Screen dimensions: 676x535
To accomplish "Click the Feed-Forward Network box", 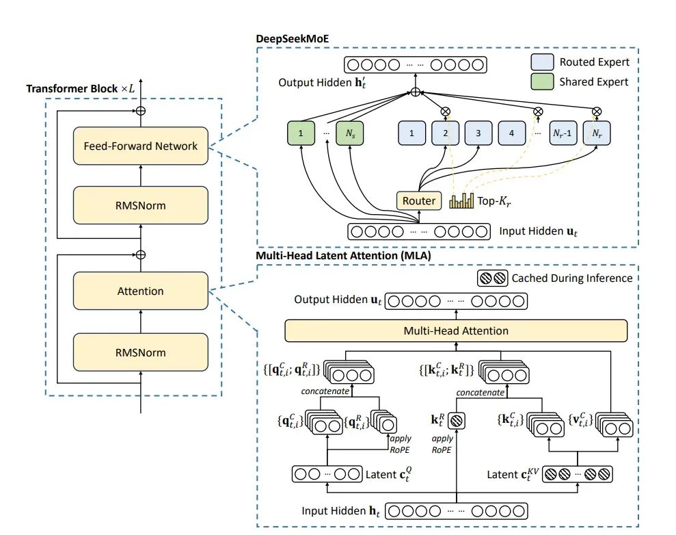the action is (x=141, y=146).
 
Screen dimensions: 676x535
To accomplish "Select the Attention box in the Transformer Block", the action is (x=141, y=291).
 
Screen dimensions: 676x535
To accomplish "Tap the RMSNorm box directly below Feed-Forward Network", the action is (x=141, y=205).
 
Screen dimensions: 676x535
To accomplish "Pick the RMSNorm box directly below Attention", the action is (x=141, y=352).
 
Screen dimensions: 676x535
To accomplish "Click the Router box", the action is (x=418, y=200).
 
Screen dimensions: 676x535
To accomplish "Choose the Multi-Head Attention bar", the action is (x=456, y=330).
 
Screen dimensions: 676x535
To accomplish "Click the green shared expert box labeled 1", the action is (x=301, y=133).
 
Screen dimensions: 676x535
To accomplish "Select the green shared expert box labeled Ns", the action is (x=350, y=133).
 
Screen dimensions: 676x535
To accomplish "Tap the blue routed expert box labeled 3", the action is (x=478, y=133).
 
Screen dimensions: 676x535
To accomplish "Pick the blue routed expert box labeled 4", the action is (x=512, y=133).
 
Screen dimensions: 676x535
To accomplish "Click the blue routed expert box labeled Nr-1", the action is (x=563, y=133).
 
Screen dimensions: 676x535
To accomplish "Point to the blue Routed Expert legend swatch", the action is (x=542, y=62).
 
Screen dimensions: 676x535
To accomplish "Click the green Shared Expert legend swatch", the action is (x=542, y=81).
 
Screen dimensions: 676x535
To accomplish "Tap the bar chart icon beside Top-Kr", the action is (x=461, y=200).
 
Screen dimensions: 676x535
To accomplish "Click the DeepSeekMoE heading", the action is (x=293, y=39).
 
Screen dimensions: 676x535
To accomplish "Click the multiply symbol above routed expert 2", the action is (x=446, y=112).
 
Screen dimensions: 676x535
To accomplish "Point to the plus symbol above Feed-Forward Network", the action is (x=141, y=111).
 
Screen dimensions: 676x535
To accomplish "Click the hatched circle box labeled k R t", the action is (x=457, y=420).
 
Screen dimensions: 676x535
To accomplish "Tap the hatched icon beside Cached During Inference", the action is (x=493, y=278).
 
